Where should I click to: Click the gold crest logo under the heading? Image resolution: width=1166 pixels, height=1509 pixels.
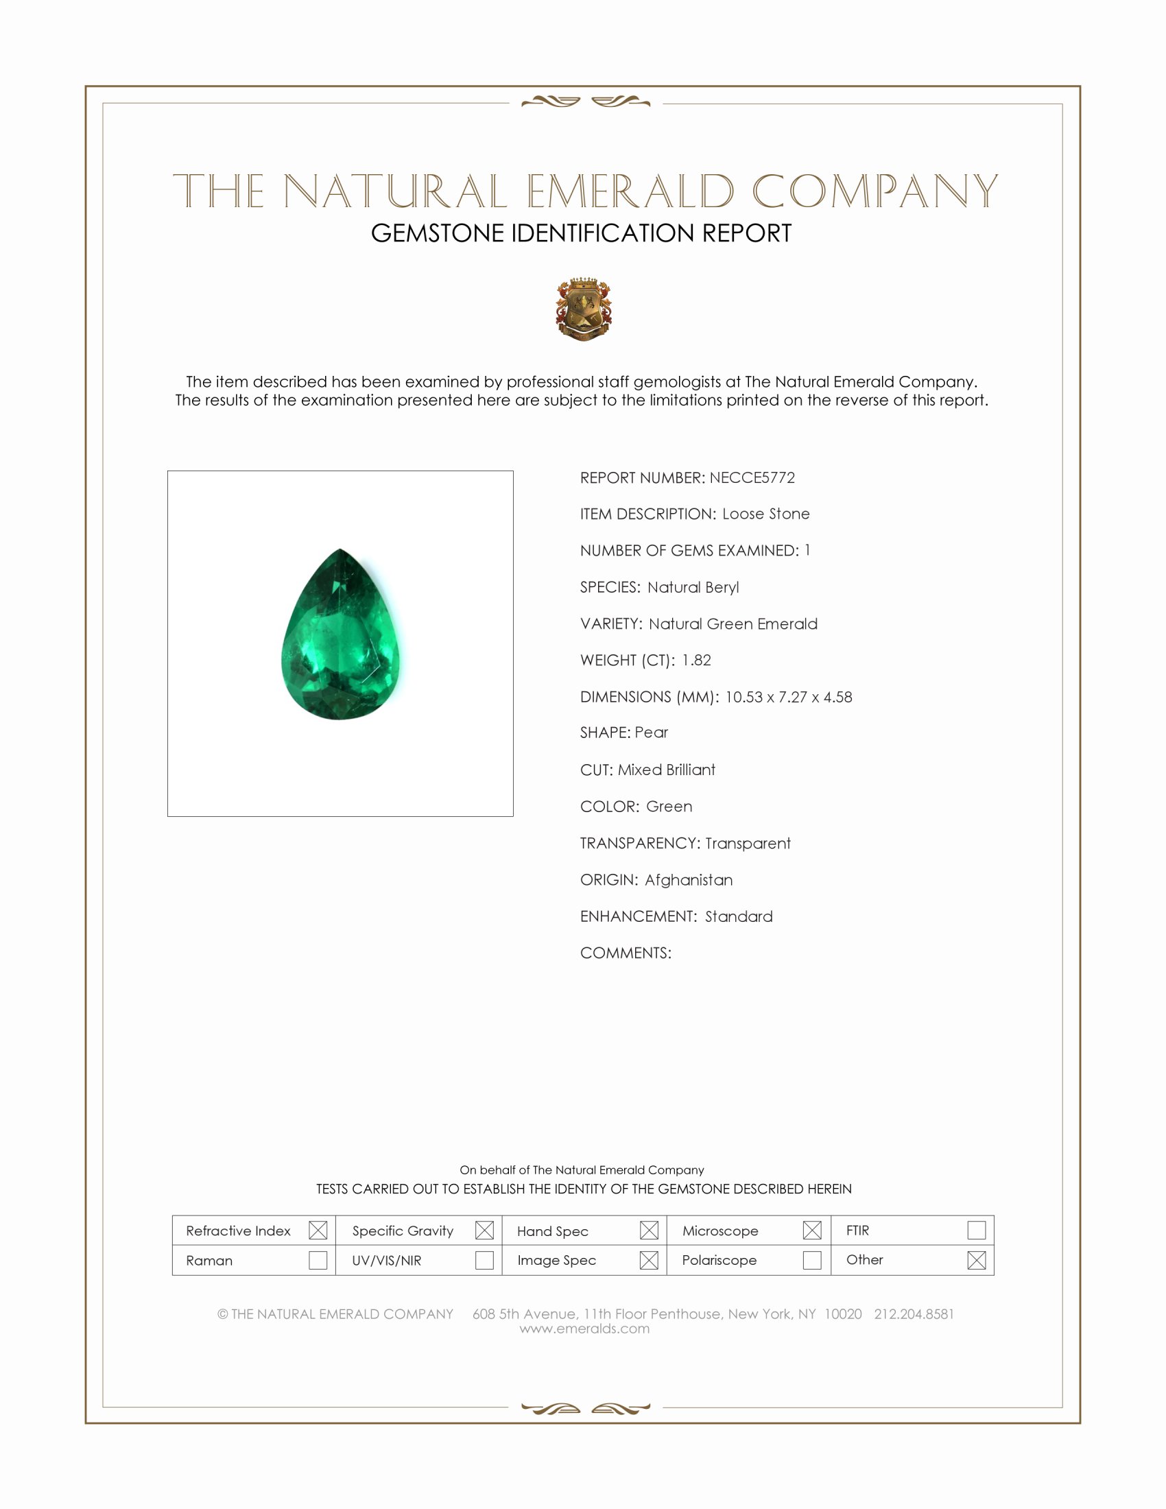point(584,309)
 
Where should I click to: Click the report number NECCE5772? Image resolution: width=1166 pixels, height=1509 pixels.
point(752,477)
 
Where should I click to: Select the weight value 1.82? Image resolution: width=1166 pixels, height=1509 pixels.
point(695,660)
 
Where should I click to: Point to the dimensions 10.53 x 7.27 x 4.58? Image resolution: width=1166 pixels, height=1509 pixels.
point(788,696)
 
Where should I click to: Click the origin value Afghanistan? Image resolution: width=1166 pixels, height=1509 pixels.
point(689,879)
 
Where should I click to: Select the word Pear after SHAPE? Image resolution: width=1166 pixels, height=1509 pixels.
point(652,733)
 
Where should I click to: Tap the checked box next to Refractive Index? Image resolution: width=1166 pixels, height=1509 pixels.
point(318,1230)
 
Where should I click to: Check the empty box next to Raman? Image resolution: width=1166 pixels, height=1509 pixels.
point(318,1260)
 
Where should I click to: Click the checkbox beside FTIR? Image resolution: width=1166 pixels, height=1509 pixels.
point(976,1230)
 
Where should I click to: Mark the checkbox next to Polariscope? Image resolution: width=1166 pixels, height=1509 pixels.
point(812,1260)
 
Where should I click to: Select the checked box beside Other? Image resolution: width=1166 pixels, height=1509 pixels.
point(976,1260)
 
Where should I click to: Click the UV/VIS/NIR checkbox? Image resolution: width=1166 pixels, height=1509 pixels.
point(484,1260)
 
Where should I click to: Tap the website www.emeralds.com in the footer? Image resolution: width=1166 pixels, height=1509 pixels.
point(584,1329)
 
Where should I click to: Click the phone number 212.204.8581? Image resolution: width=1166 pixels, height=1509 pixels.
point(913,1314)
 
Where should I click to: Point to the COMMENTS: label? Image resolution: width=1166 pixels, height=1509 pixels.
point(625,953)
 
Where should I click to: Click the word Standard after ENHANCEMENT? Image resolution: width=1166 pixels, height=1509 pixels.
point(739,916)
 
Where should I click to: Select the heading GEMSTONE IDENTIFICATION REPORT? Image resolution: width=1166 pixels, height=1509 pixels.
point(581,233)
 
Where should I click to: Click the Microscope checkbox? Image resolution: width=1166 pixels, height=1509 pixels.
point(812,1230)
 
